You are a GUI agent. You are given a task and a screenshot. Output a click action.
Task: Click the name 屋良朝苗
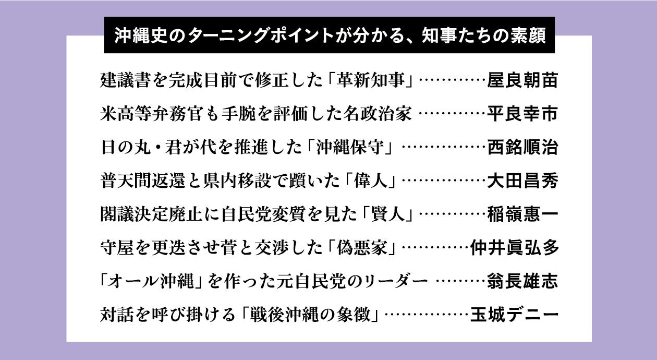click(522, 81)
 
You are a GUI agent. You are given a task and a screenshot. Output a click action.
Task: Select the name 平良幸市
click(522, 114)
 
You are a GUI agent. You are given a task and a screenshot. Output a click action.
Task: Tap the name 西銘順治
click(522, 148)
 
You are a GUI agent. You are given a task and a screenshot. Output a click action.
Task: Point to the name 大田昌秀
click(522, 181)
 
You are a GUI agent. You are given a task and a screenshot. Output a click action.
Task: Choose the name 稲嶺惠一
click(522, 214)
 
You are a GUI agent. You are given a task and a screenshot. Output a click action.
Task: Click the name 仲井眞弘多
click(514, 248)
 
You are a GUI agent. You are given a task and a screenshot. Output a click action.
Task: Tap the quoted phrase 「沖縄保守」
click(348, 148)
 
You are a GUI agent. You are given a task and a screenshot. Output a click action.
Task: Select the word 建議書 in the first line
click(125, 81)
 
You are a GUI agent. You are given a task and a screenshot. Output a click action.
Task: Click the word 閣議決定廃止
click(151, 214)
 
